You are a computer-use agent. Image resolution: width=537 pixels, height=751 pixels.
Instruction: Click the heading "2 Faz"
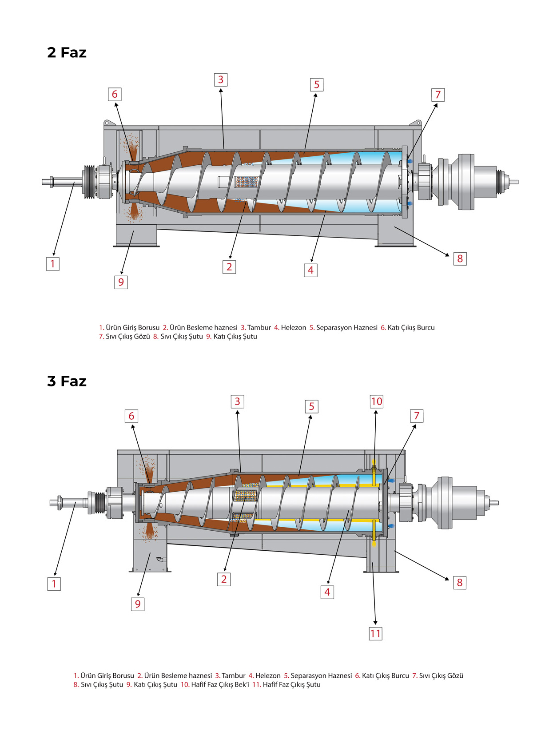click(x=67, y=52)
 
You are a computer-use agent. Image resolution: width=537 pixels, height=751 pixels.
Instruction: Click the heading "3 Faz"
click(x=67, y=381)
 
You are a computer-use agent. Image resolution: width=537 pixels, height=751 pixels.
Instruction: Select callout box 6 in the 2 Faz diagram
click(x=115, y=94)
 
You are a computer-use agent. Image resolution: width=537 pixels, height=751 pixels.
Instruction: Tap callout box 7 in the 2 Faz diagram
click(x=438, y=95)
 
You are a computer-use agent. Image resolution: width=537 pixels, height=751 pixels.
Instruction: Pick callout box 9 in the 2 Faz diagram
click(x=121, y=282)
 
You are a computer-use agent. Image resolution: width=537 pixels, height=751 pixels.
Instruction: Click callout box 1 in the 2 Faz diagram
click(x=53, y=264)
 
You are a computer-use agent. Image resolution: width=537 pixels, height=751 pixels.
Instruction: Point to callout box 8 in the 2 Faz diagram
click(x=460, y=258)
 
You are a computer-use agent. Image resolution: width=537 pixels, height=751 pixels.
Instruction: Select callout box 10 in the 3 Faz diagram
click(x=377, y=401)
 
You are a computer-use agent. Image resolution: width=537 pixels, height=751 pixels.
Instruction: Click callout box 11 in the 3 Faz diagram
click(x=375, y=633)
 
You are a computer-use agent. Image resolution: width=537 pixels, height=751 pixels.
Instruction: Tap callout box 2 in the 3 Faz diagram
click(x=224, y=579)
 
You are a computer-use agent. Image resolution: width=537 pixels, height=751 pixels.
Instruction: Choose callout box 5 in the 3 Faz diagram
click(x=311, y=406)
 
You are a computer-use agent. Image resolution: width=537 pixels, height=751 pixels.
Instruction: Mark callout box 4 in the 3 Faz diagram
click(x=327, y=592)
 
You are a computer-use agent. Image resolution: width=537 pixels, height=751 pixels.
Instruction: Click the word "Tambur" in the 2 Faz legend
click(x=259, y=328)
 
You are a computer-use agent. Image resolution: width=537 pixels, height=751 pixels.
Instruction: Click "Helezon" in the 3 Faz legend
click(x=268, y=676)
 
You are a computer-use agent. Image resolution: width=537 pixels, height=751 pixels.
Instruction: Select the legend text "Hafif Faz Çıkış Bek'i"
click(x=220, y=684)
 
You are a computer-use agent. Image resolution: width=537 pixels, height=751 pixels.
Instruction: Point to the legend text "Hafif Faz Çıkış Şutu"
click(x=291, y=684)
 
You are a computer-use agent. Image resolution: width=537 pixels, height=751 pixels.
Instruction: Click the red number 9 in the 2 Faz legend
click(x=208, y=337)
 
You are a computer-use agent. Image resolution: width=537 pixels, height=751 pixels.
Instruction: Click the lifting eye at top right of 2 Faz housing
click(x=418, y=122)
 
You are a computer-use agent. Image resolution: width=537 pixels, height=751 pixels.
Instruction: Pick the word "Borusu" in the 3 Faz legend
click(x=123, y=676)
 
